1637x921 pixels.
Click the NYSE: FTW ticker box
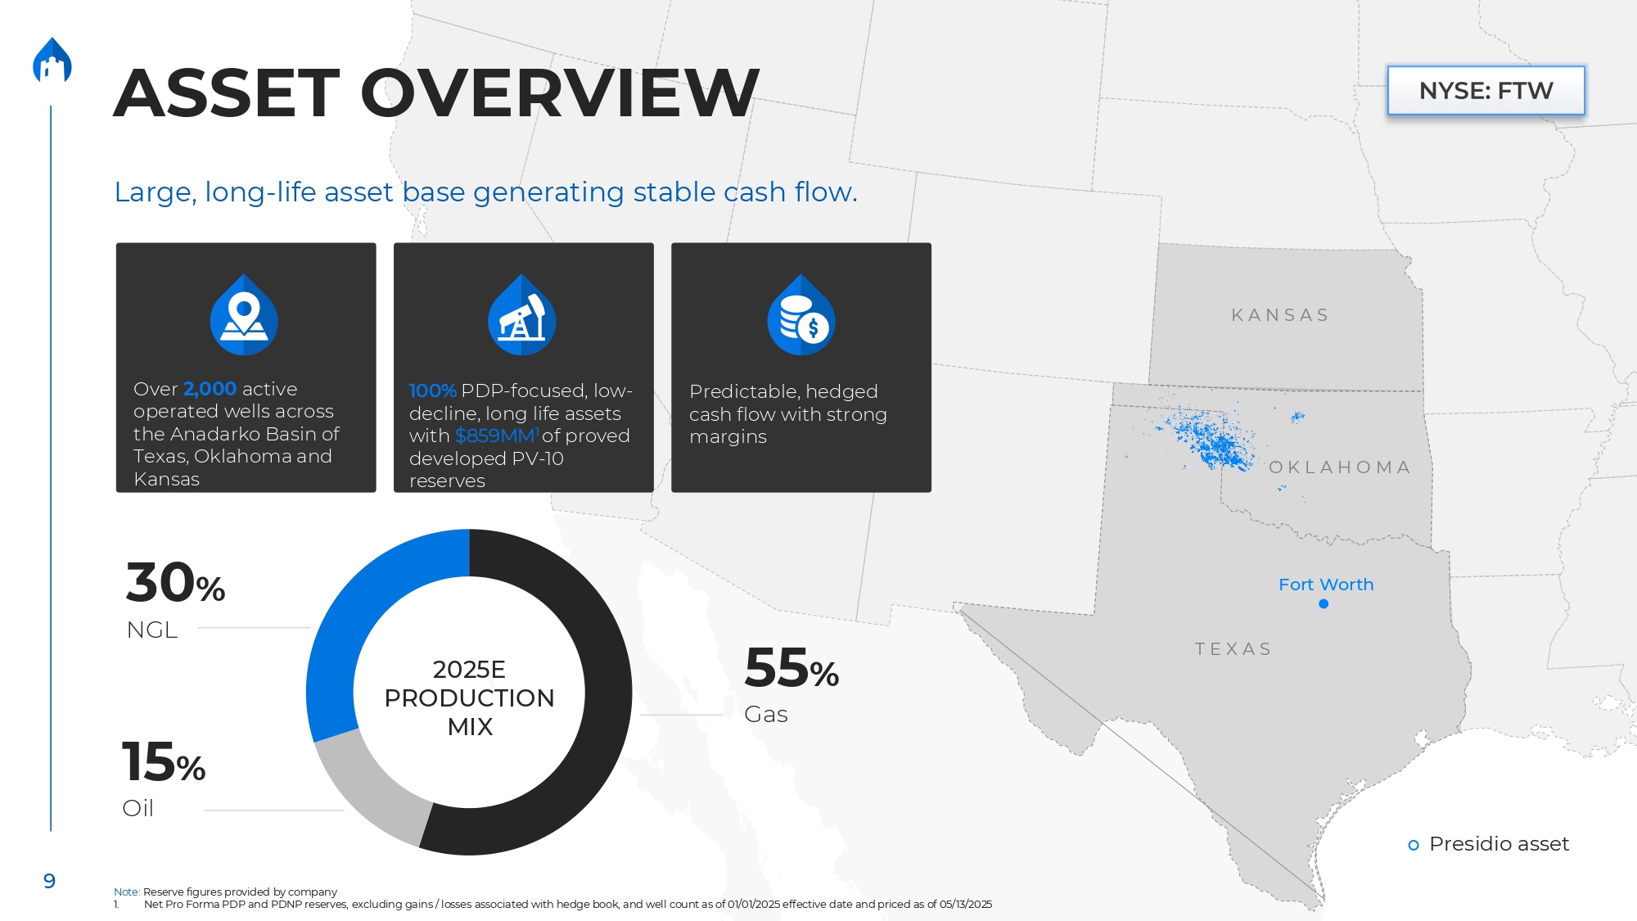click(x=1486, y=90)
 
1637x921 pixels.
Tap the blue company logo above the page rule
click(x=52, y=60)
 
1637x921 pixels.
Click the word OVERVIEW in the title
click(x=560, y=93)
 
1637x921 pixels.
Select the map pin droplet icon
click(x=244, y=314)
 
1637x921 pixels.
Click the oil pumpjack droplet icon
click(x=522, y=314)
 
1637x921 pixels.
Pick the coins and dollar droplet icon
click(x=801, y=314)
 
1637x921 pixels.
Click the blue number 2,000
click(x=210, y=389)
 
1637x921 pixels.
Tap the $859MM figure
click(x=495, y=436)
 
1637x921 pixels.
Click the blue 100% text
click(x=432, y=391)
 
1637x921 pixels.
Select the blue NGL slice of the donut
click(x=344, y=622)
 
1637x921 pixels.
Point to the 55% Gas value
click(x=791, y=667)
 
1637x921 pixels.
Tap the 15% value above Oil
click(x=164, y=761)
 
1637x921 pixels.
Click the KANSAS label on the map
click(x=1281, y=315)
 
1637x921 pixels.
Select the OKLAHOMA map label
click(x=1340, y=467)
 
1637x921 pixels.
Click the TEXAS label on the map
click(x=1233, y=649)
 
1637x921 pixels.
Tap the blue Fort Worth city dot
click(x=1324, y=604)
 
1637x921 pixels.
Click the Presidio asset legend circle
click(x=1414, y=845)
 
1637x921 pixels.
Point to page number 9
click(x=49, y=881)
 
